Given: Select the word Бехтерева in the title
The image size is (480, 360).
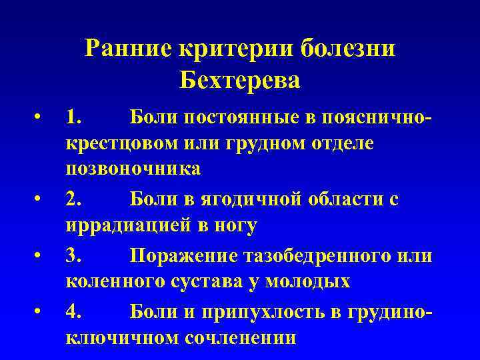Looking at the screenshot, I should (x=240, y=80).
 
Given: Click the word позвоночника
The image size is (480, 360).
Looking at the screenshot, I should (x=133, y=169).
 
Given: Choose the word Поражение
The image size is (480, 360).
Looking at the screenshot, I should (x=181, y=255).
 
